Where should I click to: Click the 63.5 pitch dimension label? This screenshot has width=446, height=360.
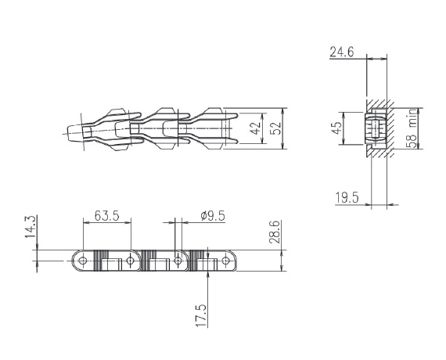(x=106, y=215)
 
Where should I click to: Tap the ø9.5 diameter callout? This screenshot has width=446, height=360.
(x=213, y=216)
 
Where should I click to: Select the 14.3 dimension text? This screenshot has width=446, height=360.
(x=31, y=226)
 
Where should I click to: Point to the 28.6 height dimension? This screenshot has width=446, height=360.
(x=275, y=232)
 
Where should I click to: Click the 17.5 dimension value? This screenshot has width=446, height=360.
(x=201, y=315)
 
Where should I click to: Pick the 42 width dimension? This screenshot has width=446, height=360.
(x=255, y=128)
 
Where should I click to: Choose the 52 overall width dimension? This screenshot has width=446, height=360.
(x=275, y=128)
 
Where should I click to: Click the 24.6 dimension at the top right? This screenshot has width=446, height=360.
(x=342, y=52)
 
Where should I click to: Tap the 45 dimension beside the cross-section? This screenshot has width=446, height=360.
(x=336, y=128)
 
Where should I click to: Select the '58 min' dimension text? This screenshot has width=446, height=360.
(x=412, y=128)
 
